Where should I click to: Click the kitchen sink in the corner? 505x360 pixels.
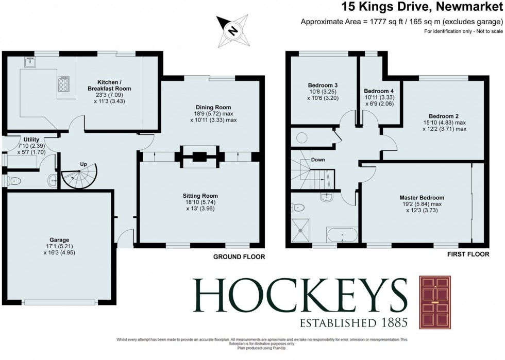point(27,63)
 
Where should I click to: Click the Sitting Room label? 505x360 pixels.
point(200,196)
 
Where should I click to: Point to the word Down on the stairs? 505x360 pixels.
point(318,160)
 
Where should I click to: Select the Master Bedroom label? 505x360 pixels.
point(422,197)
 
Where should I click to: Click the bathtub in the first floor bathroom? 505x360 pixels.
point(342,235)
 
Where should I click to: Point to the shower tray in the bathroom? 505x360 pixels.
point(303,230)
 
